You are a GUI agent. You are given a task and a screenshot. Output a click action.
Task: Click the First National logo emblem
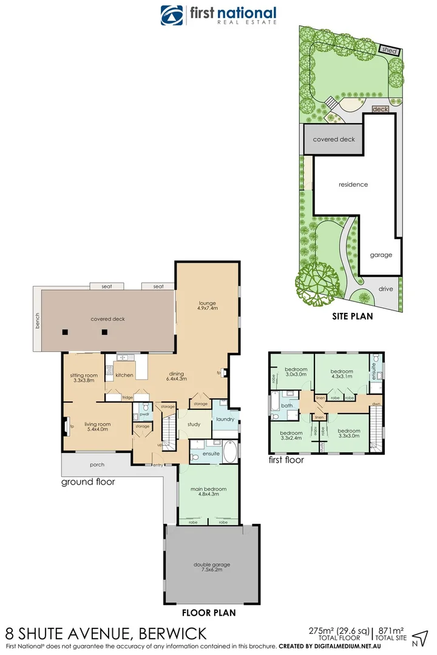coord(172,15)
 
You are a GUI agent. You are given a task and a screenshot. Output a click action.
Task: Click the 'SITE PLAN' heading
coord(352,316)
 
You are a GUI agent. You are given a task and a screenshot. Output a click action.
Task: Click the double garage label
coord(212,568)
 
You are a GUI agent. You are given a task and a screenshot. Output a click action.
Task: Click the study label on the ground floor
coord(194,425)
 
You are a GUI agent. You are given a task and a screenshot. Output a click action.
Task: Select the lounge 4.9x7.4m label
coord(207,306)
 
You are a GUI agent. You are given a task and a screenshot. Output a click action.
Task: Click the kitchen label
coord(124,375)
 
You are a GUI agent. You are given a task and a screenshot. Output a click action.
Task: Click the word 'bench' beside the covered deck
coord(38,320)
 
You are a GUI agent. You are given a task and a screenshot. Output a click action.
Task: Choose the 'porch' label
coord(97,465)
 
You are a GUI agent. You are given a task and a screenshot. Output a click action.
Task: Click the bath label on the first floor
coord(286,405)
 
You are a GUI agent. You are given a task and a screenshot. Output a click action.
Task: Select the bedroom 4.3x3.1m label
coord(342,374)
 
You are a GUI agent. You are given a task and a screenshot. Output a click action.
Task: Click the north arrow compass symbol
coord(419,637)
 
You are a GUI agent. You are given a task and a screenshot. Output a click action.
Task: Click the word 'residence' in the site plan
coord(353,184)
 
